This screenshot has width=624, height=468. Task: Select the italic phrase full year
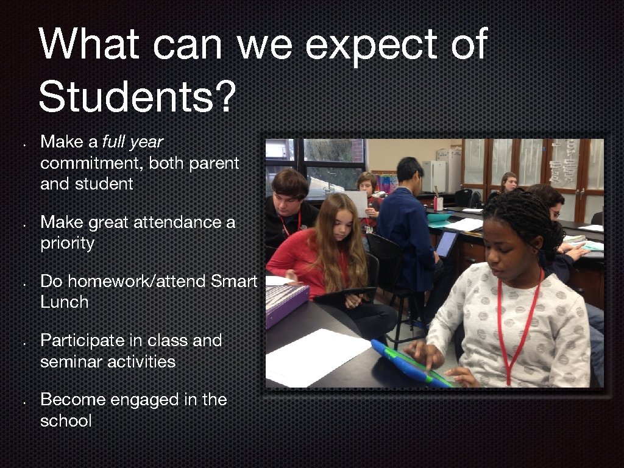pos(132,142)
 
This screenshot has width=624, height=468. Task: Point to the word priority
pos(67,244)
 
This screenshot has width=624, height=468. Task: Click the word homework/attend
pos(122,281)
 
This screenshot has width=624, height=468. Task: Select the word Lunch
pos(64,302)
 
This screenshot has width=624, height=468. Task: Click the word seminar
pos(71,361)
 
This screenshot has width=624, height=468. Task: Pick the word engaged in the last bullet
pos(135,400)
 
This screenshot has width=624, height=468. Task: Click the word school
pos(66,420)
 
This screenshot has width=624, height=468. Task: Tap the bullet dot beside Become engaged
pos(23,402)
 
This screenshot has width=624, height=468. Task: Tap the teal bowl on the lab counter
pos(441,217)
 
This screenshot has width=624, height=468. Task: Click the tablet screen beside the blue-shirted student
pos(447,243)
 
